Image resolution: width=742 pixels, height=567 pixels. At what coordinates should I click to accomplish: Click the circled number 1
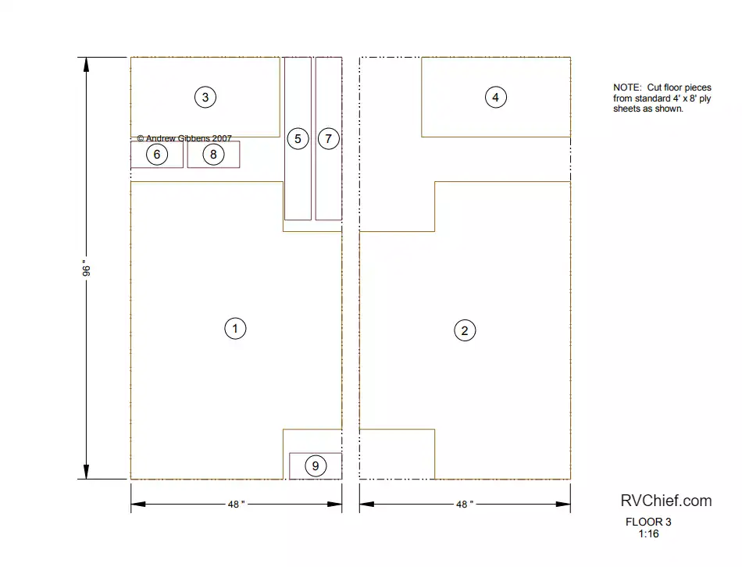tap(235, 329)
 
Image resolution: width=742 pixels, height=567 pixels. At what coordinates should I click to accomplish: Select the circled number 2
tap(465, 330)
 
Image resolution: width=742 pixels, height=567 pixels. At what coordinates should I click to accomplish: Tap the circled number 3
tap(205, 97)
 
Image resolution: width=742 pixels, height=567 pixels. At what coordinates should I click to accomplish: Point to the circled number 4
tap(495, 97)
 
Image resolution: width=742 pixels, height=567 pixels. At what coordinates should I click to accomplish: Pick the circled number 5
tap(298, 139)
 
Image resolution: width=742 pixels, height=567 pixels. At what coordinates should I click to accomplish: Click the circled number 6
tap(157, 155)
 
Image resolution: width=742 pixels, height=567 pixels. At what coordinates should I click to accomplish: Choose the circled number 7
tap(328, 139)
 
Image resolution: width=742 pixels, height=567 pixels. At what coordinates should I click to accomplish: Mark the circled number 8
tap(213, 155)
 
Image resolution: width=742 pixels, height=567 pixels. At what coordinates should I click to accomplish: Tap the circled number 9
tap(316, 465)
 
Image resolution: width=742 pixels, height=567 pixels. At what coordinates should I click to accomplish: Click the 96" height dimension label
tap(86, 268)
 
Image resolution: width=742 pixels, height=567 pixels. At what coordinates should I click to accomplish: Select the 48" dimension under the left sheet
tap(236, 504)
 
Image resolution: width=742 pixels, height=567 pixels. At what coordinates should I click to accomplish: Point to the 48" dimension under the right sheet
tap(465, 504)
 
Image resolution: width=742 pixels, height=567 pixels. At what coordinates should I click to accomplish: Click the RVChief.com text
tap(666, 501)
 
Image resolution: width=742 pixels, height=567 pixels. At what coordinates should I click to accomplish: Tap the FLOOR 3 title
tap(648, 522)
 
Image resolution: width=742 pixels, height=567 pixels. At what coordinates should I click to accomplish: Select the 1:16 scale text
tap(648, 534)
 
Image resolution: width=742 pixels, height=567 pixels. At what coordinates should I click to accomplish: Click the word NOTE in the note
tap(627, 87)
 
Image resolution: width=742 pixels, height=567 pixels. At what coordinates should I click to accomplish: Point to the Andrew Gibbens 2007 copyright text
tap(184, 138)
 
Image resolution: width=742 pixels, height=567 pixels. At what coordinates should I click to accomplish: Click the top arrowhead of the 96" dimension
tap(86, 64)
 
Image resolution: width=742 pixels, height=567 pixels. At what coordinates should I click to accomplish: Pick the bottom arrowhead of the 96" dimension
tap(86, 472)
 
